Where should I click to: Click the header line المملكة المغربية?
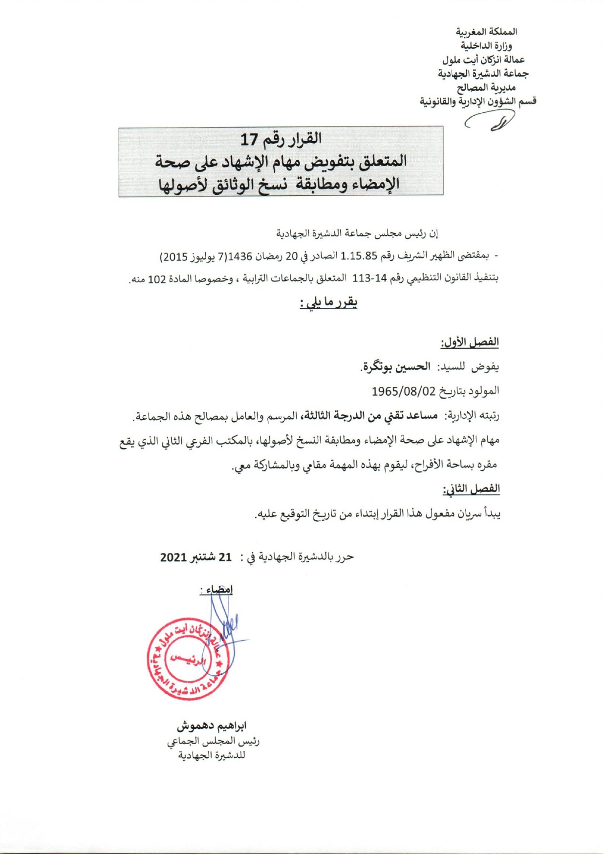click(x=486, y=32)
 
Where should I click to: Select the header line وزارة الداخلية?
click(x=486, y=46)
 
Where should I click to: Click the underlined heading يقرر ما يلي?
click(x=328, y=303)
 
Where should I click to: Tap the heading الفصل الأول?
click(x=470, y=342)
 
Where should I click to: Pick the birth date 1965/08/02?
click(x=403, y=391)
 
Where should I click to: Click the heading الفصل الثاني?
click(x=471, y=489)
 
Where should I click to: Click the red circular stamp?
click(x=188, y=659)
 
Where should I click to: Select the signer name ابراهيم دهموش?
click(x=212, y=726)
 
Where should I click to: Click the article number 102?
click(x=157, y=280)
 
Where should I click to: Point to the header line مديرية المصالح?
click(x=486, y=87)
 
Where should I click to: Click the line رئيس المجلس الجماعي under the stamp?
click(x=213, y=741)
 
